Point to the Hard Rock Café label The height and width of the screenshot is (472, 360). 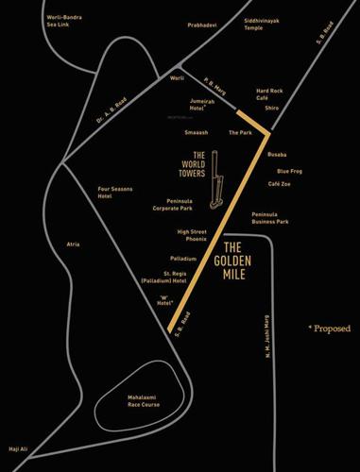tap(272, 94)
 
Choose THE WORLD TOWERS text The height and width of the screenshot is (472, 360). tap(192, 164)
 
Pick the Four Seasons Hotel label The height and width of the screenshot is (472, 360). tap(118, 193)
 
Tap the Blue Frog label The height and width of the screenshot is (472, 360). tap(289, 171)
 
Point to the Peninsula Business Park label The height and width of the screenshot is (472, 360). tap(270, 218)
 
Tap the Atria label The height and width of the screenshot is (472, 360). tap(73, 244)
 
